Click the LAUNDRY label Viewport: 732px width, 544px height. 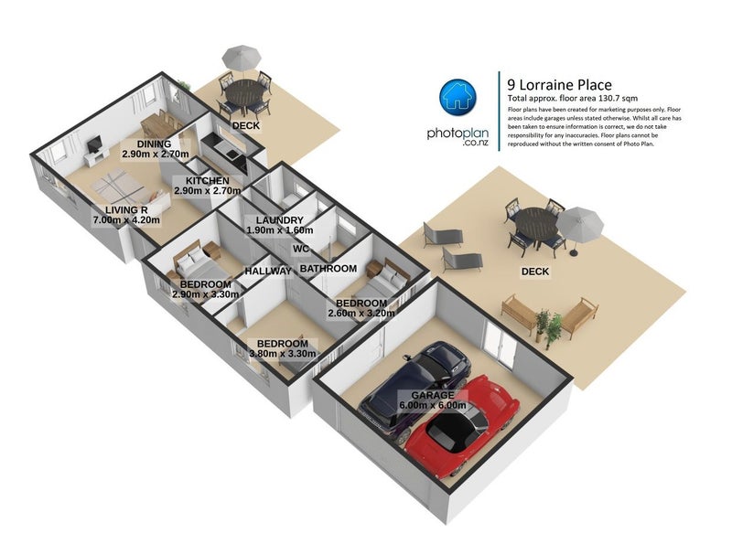coord(279,220)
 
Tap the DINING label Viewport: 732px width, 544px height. coord(155,144)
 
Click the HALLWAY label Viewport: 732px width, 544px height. coord(267,271)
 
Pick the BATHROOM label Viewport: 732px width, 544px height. coord(328,269)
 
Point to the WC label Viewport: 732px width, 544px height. coord(299,249)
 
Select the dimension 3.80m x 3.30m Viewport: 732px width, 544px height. coord(282,354)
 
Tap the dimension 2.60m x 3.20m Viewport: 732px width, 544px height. coord(361,314)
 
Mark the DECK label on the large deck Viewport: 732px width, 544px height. coord(535,272)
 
